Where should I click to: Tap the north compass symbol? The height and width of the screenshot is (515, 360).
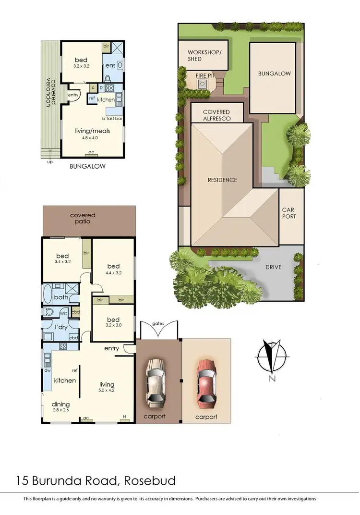point(272,356)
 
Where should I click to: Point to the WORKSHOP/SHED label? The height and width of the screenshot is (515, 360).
point(201,55)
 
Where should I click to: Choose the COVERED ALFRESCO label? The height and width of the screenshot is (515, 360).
point(217,115)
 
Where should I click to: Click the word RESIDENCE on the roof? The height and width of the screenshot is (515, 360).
point(222,180)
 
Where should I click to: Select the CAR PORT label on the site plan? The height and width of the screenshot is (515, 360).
point(289,213)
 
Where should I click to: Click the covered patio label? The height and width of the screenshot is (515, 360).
point(83,219)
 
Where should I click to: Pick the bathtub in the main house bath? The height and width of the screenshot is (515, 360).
point(48,293)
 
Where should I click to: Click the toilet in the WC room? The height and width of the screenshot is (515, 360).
point(48,312)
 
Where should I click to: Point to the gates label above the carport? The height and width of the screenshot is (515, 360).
point(158,324)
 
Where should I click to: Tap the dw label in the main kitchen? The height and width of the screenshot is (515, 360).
point(47,370)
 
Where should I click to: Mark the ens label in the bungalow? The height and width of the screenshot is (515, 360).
point(110,65)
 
